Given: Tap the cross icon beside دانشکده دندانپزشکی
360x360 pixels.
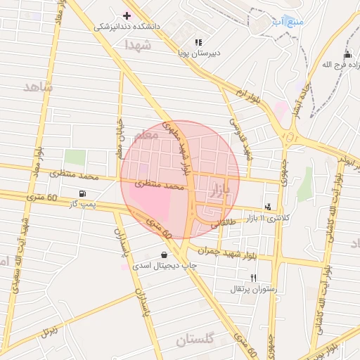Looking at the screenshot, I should tap(127, 15).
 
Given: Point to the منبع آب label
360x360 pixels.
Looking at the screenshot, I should tap(289, 21).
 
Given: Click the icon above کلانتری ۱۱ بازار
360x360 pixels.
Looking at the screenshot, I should tap(267, 207).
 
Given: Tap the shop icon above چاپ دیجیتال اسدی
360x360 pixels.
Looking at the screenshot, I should tap(164, 255).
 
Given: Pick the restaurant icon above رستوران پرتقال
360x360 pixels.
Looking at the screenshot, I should tap(253, 278).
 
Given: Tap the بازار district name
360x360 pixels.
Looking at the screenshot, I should tap(219, 188).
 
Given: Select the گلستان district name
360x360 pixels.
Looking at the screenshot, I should tap(191, 340).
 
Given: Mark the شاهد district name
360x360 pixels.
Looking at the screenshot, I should tap(37, 86).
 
